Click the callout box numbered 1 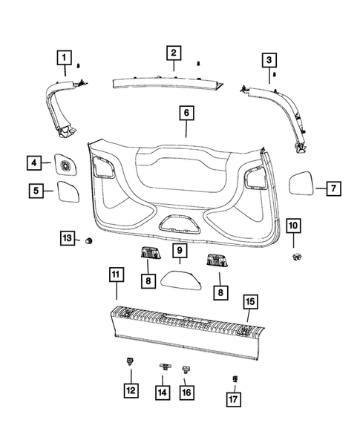65,57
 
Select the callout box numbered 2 173,53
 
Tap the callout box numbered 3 269,59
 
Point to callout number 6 186,114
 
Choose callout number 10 292,224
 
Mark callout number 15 249,301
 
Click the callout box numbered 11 115,276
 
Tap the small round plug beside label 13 89,240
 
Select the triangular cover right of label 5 70,190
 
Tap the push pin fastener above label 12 130,364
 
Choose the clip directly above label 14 164,367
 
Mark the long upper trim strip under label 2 167,81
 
